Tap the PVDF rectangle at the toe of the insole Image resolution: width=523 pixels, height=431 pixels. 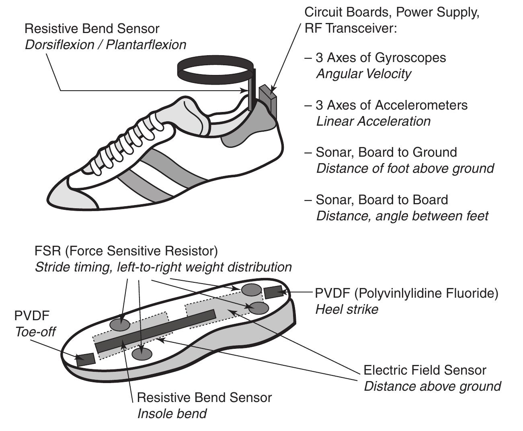pos(86,358)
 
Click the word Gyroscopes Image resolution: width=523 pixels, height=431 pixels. pos(410,58)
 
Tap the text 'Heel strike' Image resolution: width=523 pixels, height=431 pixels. pos(347,309)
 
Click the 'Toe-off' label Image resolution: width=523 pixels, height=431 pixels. pos(35,332)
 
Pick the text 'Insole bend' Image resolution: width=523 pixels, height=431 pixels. pos(172,414)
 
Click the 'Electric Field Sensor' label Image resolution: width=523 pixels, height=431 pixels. pos(425,370)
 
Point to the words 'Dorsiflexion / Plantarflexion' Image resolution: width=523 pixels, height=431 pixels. pos(106,45)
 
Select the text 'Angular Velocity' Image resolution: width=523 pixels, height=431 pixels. pos(363,74)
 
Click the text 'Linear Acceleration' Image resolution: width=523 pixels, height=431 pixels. pos(373,121)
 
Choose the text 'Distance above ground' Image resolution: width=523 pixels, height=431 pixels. pos(432,386)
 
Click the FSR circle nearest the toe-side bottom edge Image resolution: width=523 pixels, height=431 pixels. pos(142,354)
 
